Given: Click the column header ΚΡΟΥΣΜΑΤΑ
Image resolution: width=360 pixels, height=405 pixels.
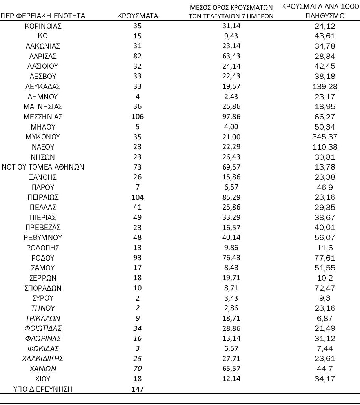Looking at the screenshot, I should [x=137, y=16].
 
